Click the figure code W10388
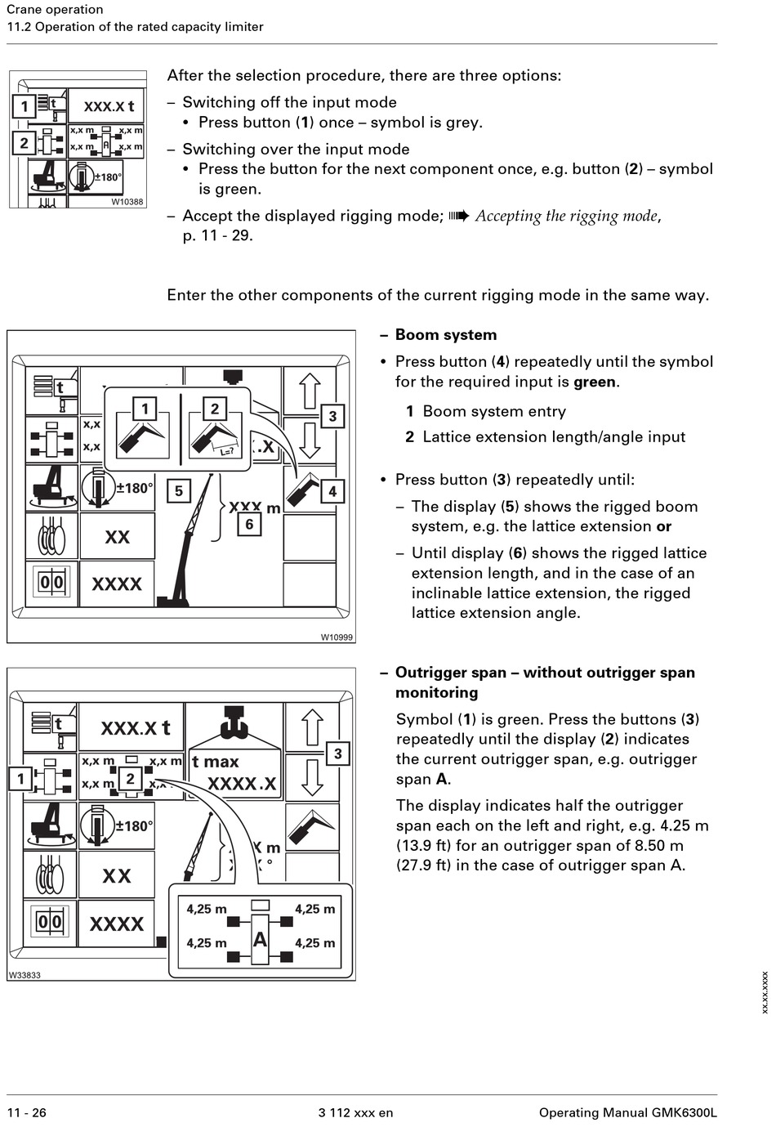click(x=127, y=202)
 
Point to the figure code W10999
click(x=337, y=637)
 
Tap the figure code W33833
click(x=25, y=975)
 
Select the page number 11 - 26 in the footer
click(x=26, y=1112)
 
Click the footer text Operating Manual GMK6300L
click(x=627, y=1112)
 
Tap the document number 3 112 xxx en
click(x=355, y=1112)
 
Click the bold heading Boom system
click(x=445, y=335)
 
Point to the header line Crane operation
click(x=55, y=10)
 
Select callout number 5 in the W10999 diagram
click(x=179, y=491)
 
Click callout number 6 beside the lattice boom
click(x=249, y=524)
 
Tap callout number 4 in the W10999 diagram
click(x=332, y=491)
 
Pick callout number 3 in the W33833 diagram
click(x=337, y=754)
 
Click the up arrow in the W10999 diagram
click(x=310, y=390)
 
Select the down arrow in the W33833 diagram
click(x=311, y=777)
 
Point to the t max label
click(x=216, y=762)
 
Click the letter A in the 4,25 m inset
click(x=260, y=940)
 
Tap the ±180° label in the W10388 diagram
click(x=108, y=177)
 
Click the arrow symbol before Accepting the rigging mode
click(x=459, y=216)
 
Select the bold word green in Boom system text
click(x=595, y=382)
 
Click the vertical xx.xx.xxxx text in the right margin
click(x=765, y=992)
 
